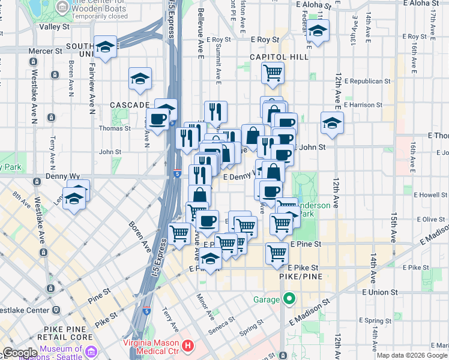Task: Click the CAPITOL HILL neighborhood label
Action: [279, 57]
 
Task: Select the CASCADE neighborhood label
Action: [125, 105]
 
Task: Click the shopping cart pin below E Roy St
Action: [273, 73]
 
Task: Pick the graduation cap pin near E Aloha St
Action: [318, 31]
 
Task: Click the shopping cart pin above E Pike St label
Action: [277, 253]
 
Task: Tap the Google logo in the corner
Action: [20, 353]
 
